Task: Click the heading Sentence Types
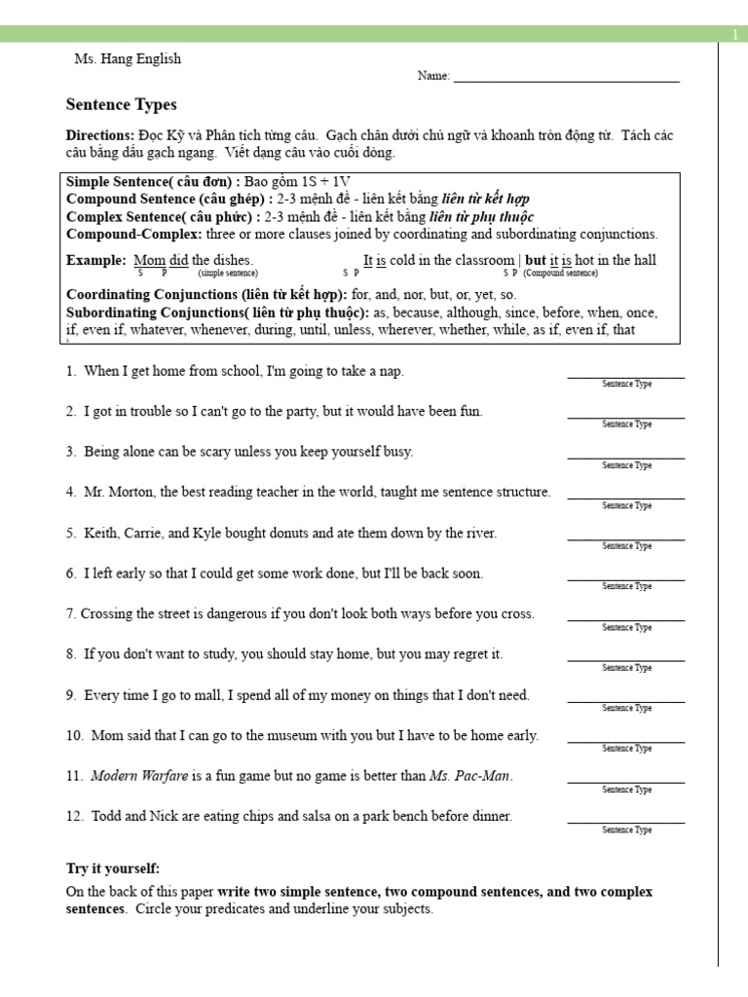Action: pos(121,105)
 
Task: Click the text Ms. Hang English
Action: pos(128,59)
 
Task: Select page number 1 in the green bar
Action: pos(735,35)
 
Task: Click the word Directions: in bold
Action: pos(99,134)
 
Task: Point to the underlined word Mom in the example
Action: pos(149,260)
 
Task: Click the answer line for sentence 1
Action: pos(625,376)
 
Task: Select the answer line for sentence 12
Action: pos(625,822)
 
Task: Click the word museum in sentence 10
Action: pos(308,736)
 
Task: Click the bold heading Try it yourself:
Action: pos(113,868)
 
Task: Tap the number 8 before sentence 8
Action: pos(71,654)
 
